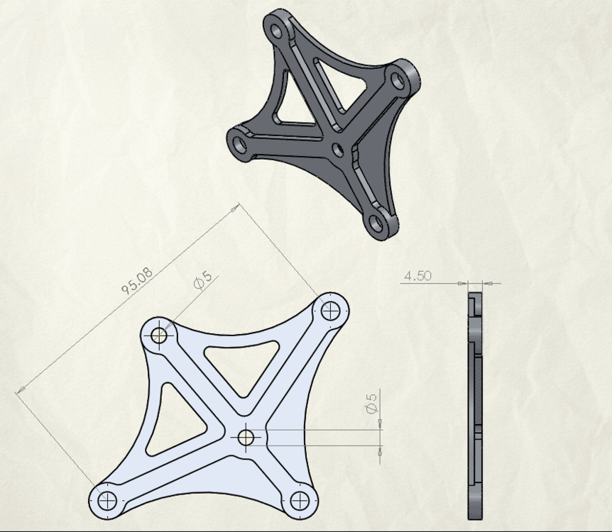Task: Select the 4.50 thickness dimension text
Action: (417, 276)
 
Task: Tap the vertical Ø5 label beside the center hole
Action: (371, 403)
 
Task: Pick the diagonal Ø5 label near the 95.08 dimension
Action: (202, 280)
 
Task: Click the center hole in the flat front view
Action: (246, 438)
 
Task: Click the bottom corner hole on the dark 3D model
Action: (376, 223)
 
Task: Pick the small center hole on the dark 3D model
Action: (338, 149)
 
